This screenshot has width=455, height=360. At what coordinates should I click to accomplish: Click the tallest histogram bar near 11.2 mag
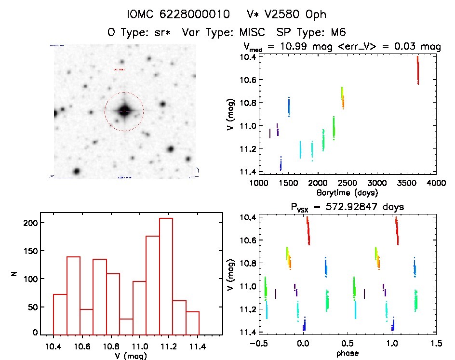pyautogui.click(x=166, y=276)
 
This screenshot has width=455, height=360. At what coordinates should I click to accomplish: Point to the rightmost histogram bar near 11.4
pyautogui.click(x=192, y=322)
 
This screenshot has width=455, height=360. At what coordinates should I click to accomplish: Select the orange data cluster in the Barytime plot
pyautogui.click(x=343, y=102)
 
